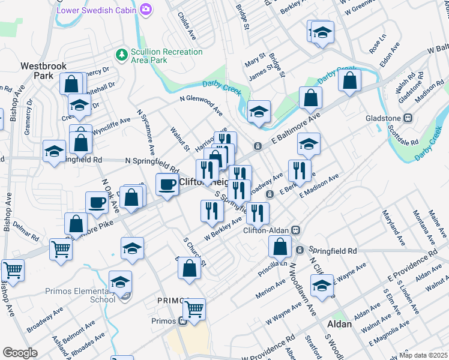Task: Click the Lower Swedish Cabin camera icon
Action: point(145,10)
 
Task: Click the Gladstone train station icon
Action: point(408,118)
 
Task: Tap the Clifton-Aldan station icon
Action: point(295,230)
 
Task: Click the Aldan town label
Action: point(339,323)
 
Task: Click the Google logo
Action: point(20,352)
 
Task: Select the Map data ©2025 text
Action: point(423,355)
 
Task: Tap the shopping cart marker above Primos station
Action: point(194,310)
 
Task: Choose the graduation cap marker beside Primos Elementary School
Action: point(120,281)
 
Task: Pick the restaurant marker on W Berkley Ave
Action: point(211,210)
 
